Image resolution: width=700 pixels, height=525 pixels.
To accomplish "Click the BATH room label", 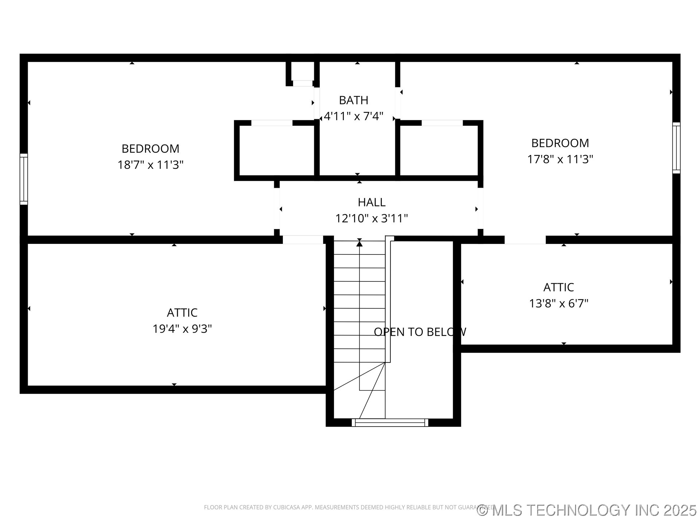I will tap(353, 100).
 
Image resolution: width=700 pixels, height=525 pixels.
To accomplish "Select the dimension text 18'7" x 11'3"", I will tap(150, 165).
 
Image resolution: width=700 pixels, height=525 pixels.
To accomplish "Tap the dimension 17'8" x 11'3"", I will tap(560, 159).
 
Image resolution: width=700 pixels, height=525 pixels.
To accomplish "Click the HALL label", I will tap(371, 202).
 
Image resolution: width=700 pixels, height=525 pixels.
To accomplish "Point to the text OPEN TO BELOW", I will tap(420, 332).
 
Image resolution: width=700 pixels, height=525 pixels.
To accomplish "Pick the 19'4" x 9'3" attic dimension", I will tap(182, 329).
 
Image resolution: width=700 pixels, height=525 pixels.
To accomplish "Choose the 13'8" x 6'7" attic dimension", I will tap(559, 303).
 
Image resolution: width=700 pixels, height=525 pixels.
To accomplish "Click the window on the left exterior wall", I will tap(24, 179).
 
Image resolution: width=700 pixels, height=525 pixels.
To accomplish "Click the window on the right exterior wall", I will tap(676, 148).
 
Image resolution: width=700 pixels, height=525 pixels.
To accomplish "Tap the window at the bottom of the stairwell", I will tap(390, 423).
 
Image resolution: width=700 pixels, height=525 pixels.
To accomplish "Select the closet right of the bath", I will tap(439, 150).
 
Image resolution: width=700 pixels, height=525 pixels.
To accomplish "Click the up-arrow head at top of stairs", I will tap(359, 244).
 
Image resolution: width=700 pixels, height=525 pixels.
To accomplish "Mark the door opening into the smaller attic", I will tap(525, 240).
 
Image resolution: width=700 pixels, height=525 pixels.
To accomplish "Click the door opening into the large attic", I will tap(303, 240).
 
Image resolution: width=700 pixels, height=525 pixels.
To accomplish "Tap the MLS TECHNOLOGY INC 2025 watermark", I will tap(587, 510).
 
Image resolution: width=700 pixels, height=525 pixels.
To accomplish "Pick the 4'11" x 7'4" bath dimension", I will tap(353, 116).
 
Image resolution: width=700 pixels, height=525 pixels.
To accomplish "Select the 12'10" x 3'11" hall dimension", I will tap(371, 218).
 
